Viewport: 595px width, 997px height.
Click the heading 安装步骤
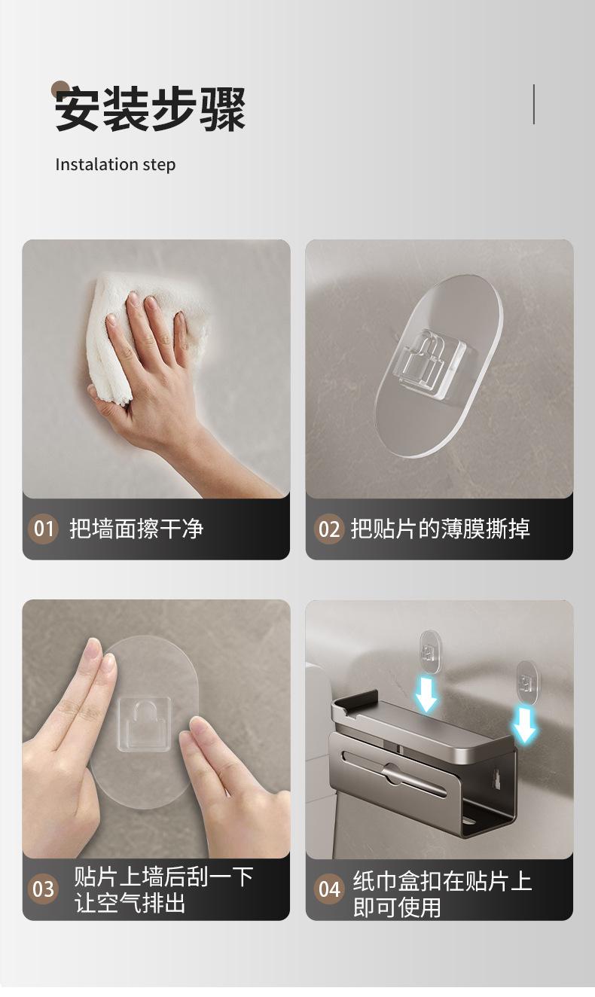[150, 109]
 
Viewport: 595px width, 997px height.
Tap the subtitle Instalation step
[115, 165]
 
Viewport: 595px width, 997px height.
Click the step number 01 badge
[43, 529]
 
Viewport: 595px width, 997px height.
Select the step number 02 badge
[329, 529]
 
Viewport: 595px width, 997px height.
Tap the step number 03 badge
[43, 889]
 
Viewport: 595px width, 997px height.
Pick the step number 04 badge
[329, 889]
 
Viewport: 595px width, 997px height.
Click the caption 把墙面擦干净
[136, 529]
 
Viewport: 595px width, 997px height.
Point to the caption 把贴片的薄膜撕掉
[440, 529]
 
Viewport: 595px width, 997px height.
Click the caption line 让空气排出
[130, 903]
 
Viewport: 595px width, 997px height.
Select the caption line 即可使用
[396, 907]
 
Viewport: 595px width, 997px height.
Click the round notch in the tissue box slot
[392, 773]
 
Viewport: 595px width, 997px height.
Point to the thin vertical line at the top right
[533, 104]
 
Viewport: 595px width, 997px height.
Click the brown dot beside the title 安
[60, 89]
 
